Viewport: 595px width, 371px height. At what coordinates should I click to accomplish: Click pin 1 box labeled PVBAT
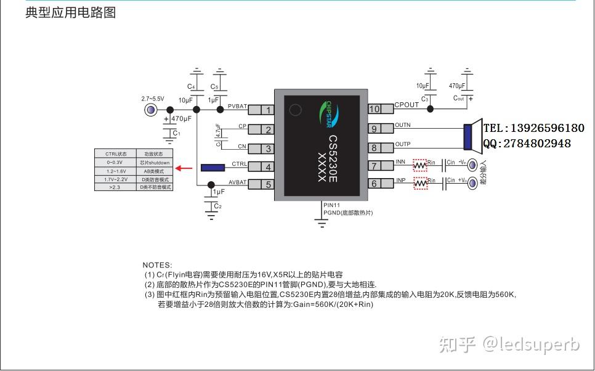[x=267, y=110]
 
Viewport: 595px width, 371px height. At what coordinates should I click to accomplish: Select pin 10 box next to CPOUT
[x=375, y=109]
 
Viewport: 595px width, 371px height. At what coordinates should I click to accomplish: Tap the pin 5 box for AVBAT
[x=267, y=184]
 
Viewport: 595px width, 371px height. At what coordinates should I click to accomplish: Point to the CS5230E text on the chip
[x=332, y=158]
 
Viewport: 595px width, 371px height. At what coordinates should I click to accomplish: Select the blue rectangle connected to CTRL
[x=212, y=167]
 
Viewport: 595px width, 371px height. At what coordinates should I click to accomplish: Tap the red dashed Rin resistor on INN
[x=419, y=165]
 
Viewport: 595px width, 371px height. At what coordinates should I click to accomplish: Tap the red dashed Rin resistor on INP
[x=419, y=184]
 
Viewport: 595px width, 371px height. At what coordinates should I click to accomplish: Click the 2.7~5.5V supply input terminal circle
[x=150, y=110]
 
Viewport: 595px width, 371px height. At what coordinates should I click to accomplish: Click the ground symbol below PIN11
[x=321, y=224]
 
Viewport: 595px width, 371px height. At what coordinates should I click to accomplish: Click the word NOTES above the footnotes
[x=158, y=265]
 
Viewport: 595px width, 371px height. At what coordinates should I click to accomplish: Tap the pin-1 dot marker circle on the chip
[x=296, y=110]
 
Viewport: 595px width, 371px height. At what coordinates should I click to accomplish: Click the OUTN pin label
[x=402, y=125]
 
